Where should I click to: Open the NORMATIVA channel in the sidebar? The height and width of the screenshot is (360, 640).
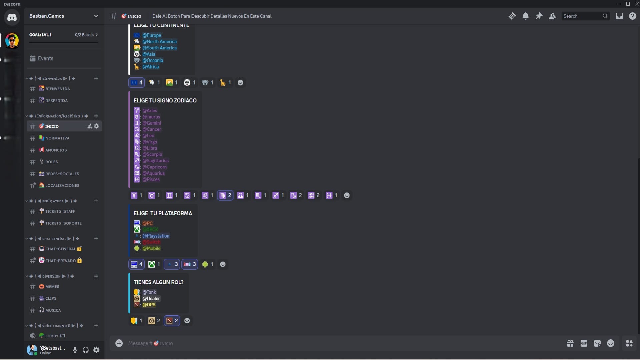(57, 138)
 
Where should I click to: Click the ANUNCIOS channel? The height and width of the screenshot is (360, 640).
(56, 150)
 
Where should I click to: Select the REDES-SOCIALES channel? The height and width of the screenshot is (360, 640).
(62, 174)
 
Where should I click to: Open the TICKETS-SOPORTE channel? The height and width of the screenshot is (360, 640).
(63, 223)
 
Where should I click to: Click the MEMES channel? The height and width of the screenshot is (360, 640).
(52, 287)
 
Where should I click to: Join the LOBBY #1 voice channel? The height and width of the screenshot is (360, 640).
(55, 336)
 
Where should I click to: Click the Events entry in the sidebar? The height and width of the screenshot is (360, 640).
(45, 58)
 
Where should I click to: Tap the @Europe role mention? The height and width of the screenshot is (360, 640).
(152, 35)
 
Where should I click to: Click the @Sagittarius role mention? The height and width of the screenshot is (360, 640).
(155, 161)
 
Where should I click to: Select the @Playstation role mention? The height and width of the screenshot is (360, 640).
(156, 236)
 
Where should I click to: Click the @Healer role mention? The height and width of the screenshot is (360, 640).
(151, 299)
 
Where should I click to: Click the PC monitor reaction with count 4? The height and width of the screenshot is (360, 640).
(137, 264)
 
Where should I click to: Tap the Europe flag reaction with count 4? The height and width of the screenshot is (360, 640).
(137, 82)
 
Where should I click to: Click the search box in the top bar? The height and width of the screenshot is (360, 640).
(582, 16)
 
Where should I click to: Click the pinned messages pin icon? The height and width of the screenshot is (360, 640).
(539, 16)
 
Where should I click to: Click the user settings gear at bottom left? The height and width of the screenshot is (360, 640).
(96, 350)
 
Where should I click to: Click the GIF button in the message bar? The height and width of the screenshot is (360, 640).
(584, 343)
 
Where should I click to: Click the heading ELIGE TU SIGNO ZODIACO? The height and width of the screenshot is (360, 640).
(165, 100)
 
